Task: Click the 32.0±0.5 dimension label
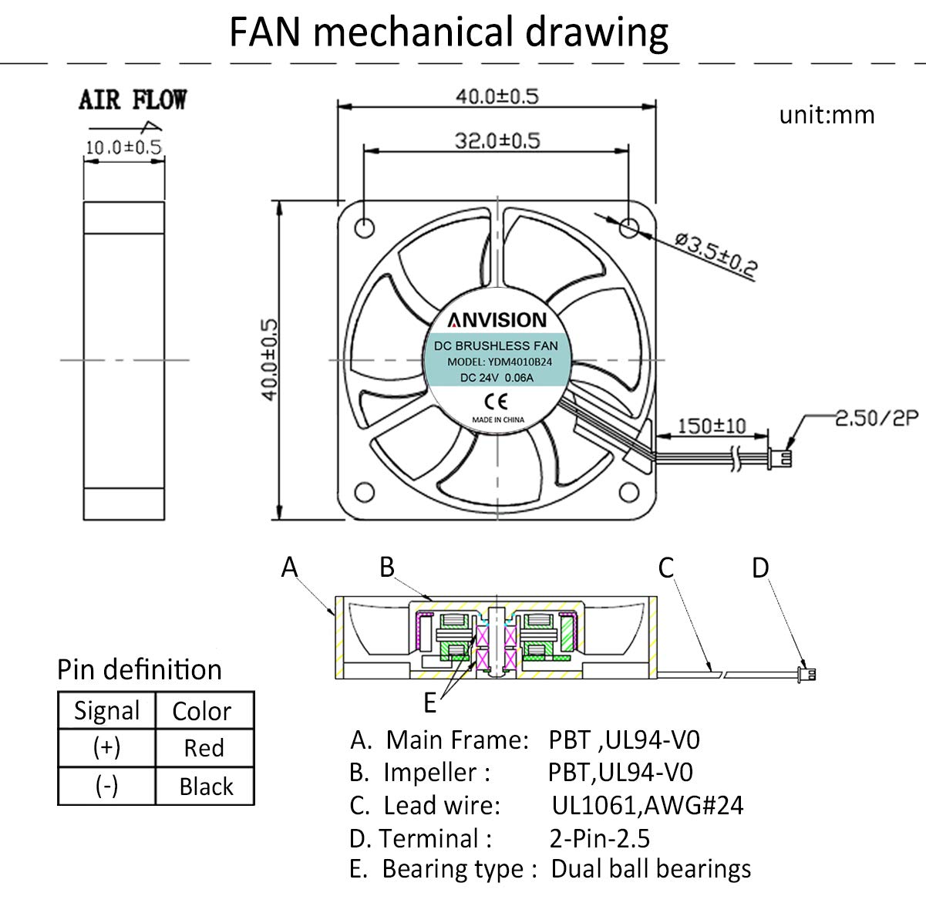[497, 141]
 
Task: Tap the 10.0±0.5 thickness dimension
[123, 147]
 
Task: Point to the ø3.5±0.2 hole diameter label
[716, 254]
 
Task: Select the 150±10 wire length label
[711, 426]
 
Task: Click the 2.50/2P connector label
[877, 418]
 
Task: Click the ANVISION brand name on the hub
[497, 320]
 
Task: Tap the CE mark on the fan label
[496, 401]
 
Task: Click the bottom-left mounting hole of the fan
[364, 492]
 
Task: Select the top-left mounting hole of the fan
[364, 227]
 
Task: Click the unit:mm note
[827, 116]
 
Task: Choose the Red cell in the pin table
[204, 748]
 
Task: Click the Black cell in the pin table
[206, 787]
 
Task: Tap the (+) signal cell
[106, 748]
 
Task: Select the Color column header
[202, 711]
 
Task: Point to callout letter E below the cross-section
[430, 703]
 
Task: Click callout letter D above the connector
[760, 568]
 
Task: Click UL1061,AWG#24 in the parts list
[648, 805]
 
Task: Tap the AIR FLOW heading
[133, 100]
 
